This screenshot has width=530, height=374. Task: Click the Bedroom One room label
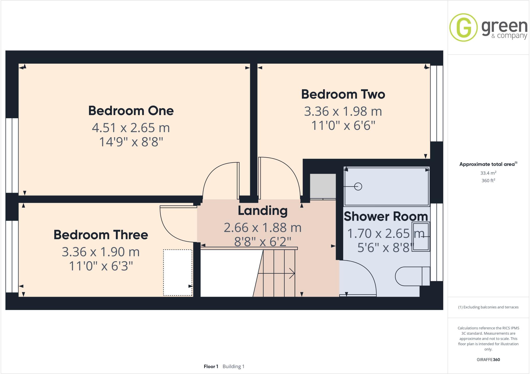pos(131,111)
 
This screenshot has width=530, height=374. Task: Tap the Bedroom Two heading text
pos(343,94)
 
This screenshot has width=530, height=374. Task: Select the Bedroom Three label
pos(101,235)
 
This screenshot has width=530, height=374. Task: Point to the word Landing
pos(262,211)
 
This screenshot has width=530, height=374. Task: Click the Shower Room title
pos(386,217)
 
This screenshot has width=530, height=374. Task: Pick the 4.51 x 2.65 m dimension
pos(131,128)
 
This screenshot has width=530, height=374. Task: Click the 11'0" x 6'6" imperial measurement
pos(343,126)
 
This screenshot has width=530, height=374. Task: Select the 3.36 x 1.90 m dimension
pos(101,252)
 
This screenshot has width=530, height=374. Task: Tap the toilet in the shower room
pos(411,276)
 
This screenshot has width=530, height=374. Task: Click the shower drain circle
pos(358,186)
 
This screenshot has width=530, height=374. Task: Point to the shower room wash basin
pos(421,237)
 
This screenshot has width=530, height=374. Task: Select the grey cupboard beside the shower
pos(323,186)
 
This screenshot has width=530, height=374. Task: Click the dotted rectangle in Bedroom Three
pos(178,272)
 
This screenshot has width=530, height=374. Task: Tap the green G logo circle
pos(463,27)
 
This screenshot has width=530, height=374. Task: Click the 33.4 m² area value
pos(488,173)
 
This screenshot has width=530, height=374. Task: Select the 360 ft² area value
pos(488,181)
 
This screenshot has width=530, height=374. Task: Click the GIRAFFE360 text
pos(488,360)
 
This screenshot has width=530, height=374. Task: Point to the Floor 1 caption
pos(211,366)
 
